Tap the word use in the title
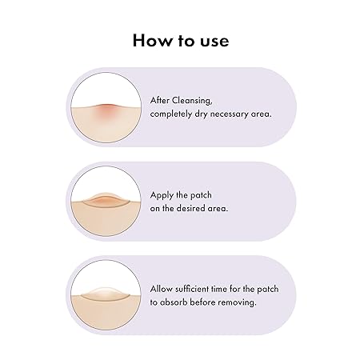pos(214,42)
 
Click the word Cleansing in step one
pos(192,101)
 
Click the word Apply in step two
pos(162,195)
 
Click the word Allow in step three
pos(161,289)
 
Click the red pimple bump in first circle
pos(106,109)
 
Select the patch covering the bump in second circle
pos(106,200)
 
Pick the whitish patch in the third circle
pos(106,294)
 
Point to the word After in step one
pos(160,101)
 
